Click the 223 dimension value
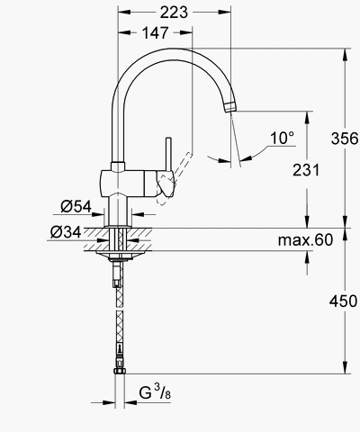174,13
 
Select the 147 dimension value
156,32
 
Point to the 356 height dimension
345,139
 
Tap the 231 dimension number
306,170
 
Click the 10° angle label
282,138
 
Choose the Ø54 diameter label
76,206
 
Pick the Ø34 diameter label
66,232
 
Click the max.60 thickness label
305,240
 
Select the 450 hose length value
344,301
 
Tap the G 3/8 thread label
155,392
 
